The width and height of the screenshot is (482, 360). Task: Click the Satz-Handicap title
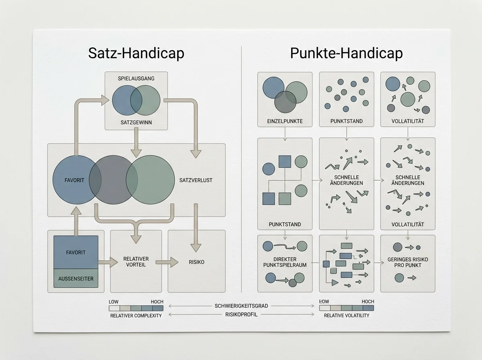click(x=136, y=53)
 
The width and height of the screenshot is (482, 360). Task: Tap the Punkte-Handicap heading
click(x=346, y=53)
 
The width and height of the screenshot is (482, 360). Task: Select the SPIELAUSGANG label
click(x=136, y=78)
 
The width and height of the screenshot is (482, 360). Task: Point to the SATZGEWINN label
click(x=136, y=122)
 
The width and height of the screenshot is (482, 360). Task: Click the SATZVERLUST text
click(x=196, y=180)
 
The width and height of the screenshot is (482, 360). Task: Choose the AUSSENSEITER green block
click(x=76, y=278)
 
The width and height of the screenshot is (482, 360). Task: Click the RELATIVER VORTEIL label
click(x=136, y=262)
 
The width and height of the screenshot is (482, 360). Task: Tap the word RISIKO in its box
click(x=196, y=262)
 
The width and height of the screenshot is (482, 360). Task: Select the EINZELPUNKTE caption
click(x=285, y=121)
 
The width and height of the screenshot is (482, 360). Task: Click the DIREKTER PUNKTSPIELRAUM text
click(x=285, y=262)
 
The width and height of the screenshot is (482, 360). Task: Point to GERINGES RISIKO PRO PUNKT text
click(x=408, y=262)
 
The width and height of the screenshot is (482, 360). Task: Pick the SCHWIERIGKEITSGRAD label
click(x=241, y=306)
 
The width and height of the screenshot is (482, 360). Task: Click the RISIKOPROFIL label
click(x=241, y=315)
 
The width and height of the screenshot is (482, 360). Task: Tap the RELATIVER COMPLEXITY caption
click(x=136, y=316)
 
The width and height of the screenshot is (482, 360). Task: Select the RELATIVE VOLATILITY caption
click(x=347, y=315)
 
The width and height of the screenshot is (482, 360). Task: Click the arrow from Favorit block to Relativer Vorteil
click(x=108, y=262)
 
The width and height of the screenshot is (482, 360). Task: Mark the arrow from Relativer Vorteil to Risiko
click(x=167, y=262)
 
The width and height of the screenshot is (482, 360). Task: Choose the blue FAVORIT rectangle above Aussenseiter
click(x=76, y=252)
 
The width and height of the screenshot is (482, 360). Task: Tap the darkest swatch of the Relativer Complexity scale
click(x=158, y=308)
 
